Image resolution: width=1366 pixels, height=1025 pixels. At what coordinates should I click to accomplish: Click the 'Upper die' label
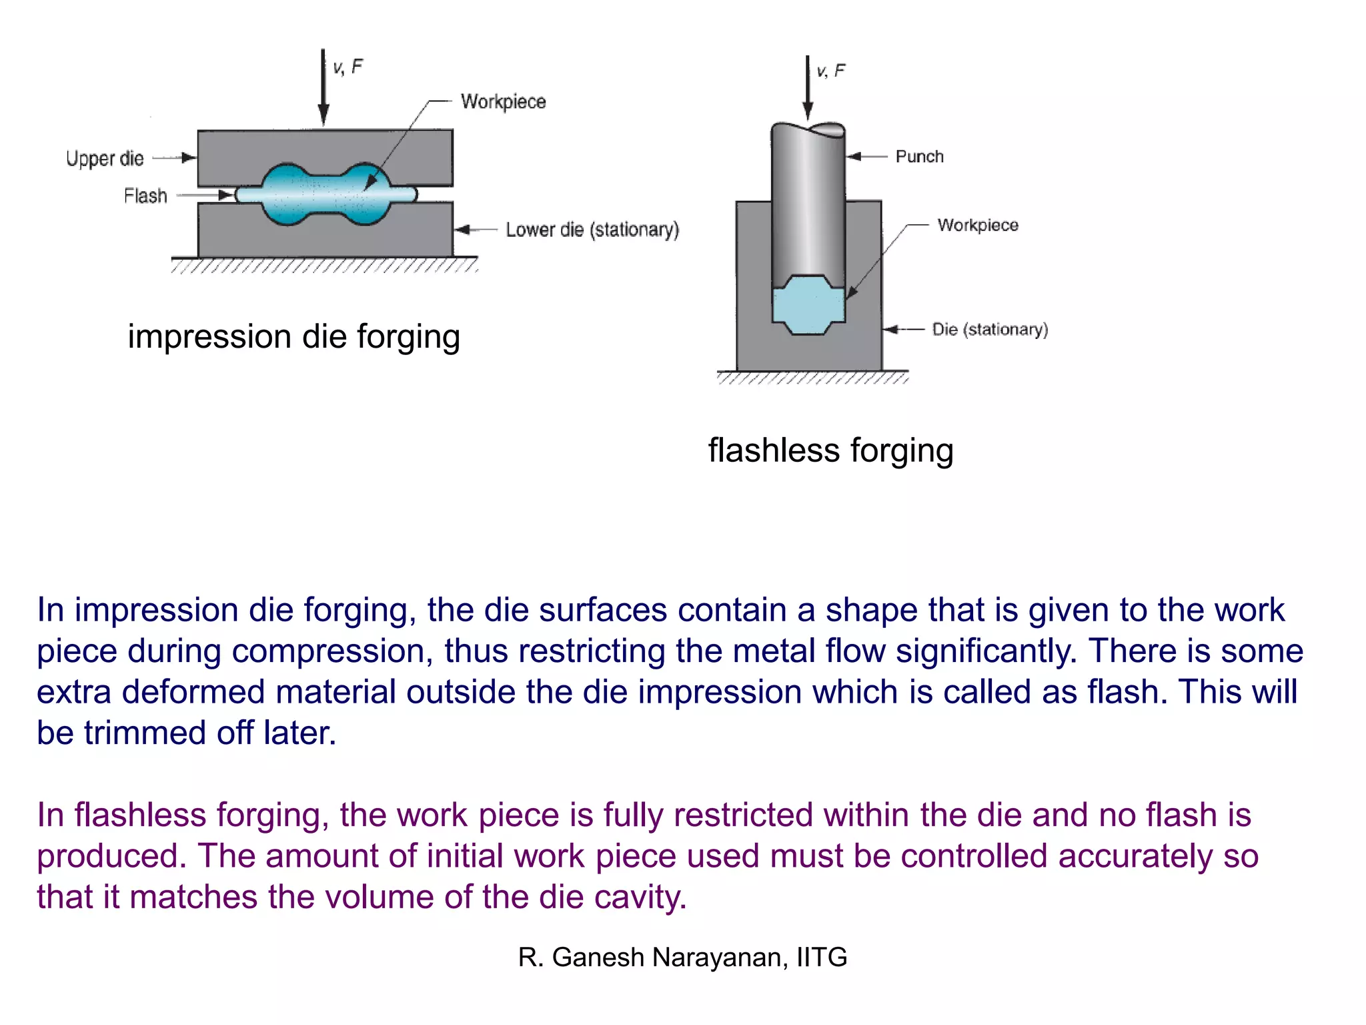[105, 159]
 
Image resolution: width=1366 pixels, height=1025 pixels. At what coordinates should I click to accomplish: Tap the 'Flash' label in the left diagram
[145, 196]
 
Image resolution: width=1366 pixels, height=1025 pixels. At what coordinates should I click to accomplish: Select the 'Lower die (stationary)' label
[592, 230]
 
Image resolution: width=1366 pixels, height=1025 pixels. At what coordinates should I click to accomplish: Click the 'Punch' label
[919, 157]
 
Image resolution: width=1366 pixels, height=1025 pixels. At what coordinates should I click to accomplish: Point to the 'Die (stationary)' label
[990, 330]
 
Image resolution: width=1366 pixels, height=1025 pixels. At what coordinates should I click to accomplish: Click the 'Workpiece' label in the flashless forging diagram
[978, 226]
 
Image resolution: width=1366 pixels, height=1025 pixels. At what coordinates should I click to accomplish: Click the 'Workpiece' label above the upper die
[503, 101]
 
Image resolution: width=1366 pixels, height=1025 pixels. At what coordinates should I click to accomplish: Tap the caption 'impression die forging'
[293, 336]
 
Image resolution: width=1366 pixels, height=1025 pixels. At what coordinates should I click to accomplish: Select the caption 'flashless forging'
[830, 450]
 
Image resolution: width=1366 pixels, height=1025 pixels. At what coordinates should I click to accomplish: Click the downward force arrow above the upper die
[323, 87]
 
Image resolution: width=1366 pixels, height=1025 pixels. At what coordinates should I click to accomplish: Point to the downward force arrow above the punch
[808, 87]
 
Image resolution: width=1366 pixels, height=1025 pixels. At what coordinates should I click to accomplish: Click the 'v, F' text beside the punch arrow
[831, 71]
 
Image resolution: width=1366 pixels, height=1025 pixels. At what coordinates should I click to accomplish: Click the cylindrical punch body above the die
[808, 200]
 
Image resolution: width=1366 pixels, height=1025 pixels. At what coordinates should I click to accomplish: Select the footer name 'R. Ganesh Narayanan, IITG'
[682, 958]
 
